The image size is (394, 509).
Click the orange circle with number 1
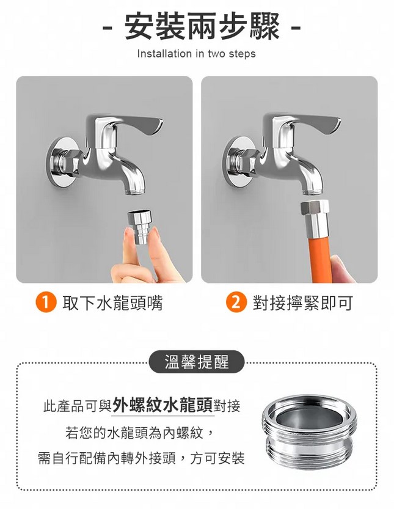(x=46, y=302)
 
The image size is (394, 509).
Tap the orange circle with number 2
(x=236, y=302)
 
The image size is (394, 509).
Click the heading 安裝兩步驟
(x=202, y=27)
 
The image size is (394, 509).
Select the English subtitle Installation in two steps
(x=196, y=54)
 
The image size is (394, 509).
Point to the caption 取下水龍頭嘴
(x=112, y=303)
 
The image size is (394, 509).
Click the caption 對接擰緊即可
(x=303, y=303)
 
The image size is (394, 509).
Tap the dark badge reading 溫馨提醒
(x=197, y=362)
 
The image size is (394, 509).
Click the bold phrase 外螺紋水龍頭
(x=162, y=405)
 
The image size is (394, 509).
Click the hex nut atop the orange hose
(x=315, y=207)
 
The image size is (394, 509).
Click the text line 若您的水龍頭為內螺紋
(x=139, y=433)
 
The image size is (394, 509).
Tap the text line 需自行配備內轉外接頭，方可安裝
(x=141, y=458)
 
